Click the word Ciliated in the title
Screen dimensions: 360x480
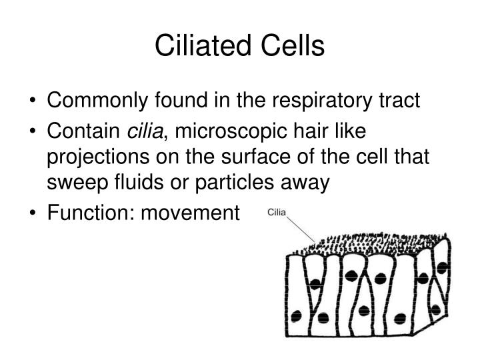[203, 46]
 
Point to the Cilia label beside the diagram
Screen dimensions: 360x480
[277, 213]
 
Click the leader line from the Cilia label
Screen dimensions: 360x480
[303, 232]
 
